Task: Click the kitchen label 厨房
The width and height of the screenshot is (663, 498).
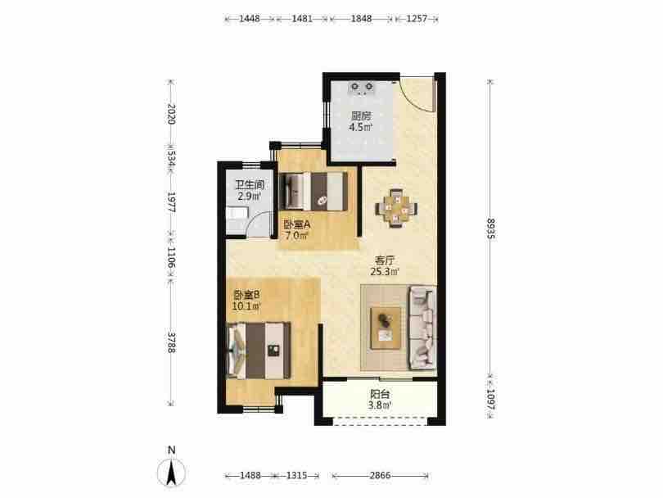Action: (x=361, y=115)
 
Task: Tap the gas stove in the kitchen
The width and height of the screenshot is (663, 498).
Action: (x=362, y=88)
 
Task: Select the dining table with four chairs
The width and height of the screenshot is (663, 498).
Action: (x=396, y=209)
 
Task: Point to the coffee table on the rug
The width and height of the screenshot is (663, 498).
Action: (x=386, y=328)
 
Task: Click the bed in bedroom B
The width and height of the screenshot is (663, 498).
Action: (x=259, y=351)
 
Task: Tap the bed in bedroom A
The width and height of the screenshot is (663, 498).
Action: (x=313, y=191)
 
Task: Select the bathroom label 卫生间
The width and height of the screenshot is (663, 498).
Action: (x=250, y=185)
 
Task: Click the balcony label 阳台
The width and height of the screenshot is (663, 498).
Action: (x=379, y=394)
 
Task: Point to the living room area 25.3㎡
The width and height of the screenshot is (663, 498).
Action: (x=385, y=272)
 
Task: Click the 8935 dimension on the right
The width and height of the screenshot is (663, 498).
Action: (x=490, y=229)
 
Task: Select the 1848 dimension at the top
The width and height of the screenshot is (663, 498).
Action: (x=361, y=19)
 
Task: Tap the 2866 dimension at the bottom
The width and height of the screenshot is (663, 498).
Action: (x=380, y=476)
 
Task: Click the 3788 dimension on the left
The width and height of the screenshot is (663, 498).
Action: (x=170, y=341)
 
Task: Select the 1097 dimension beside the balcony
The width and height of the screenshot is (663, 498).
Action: (x=490, y=399)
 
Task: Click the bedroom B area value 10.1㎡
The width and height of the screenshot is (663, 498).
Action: (x=246, y=306)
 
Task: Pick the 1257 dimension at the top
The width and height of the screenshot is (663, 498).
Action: (x=417, y=19)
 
